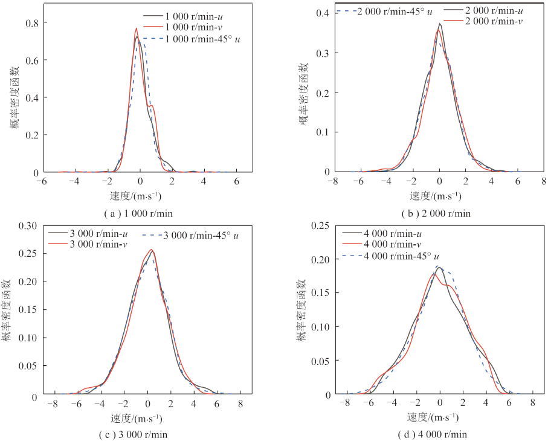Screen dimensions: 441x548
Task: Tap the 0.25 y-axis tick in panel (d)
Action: [324, 225]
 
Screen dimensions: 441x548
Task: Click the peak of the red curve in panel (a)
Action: [137, 28]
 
